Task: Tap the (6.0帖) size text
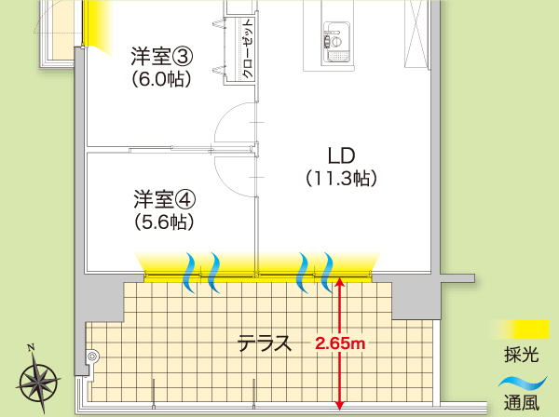coord(161,79)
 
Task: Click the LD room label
coord(341,154)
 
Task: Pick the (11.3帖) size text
coord(341,177)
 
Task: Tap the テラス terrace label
coord(265,343)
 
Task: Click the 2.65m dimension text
coord(341,343)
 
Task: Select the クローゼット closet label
coord(248,50)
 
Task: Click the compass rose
coord(38,381)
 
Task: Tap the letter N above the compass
coord(31,348)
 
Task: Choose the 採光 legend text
coord(520,355)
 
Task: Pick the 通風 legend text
coord(520,404)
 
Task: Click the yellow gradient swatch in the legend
coord(520,329)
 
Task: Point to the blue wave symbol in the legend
coord(520,381)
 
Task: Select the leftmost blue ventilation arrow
coord(190,270)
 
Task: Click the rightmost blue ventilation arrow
coord(331,270)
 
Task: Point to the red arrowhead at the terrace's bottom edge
coord(341,404)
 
